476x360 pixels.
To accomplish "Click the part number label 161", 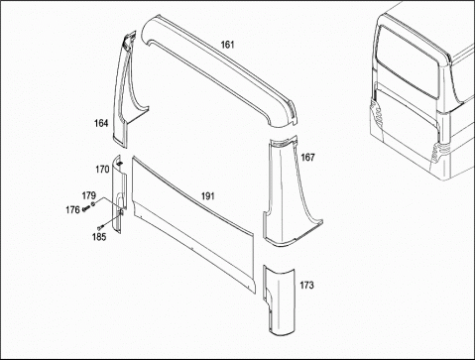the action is (227, 45).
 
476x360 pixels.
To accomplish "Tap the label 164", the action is (101, 123).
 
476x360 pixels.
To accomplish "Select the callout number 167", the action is (307, 158).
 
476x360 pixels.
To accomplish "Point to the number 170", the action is (102, 170).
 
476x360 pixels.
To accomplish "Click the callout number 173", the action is (306, 285).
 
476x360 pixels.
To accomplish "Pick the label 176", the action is (72, 209).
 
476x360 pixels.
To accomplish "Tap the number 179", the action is (89, 195).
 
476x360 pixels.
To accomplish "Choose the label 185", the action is (99, 237).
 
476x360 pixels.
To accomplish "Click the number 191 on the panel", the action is (208, 196).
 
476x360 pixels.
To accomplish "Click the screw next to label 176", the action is (86, 208).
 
